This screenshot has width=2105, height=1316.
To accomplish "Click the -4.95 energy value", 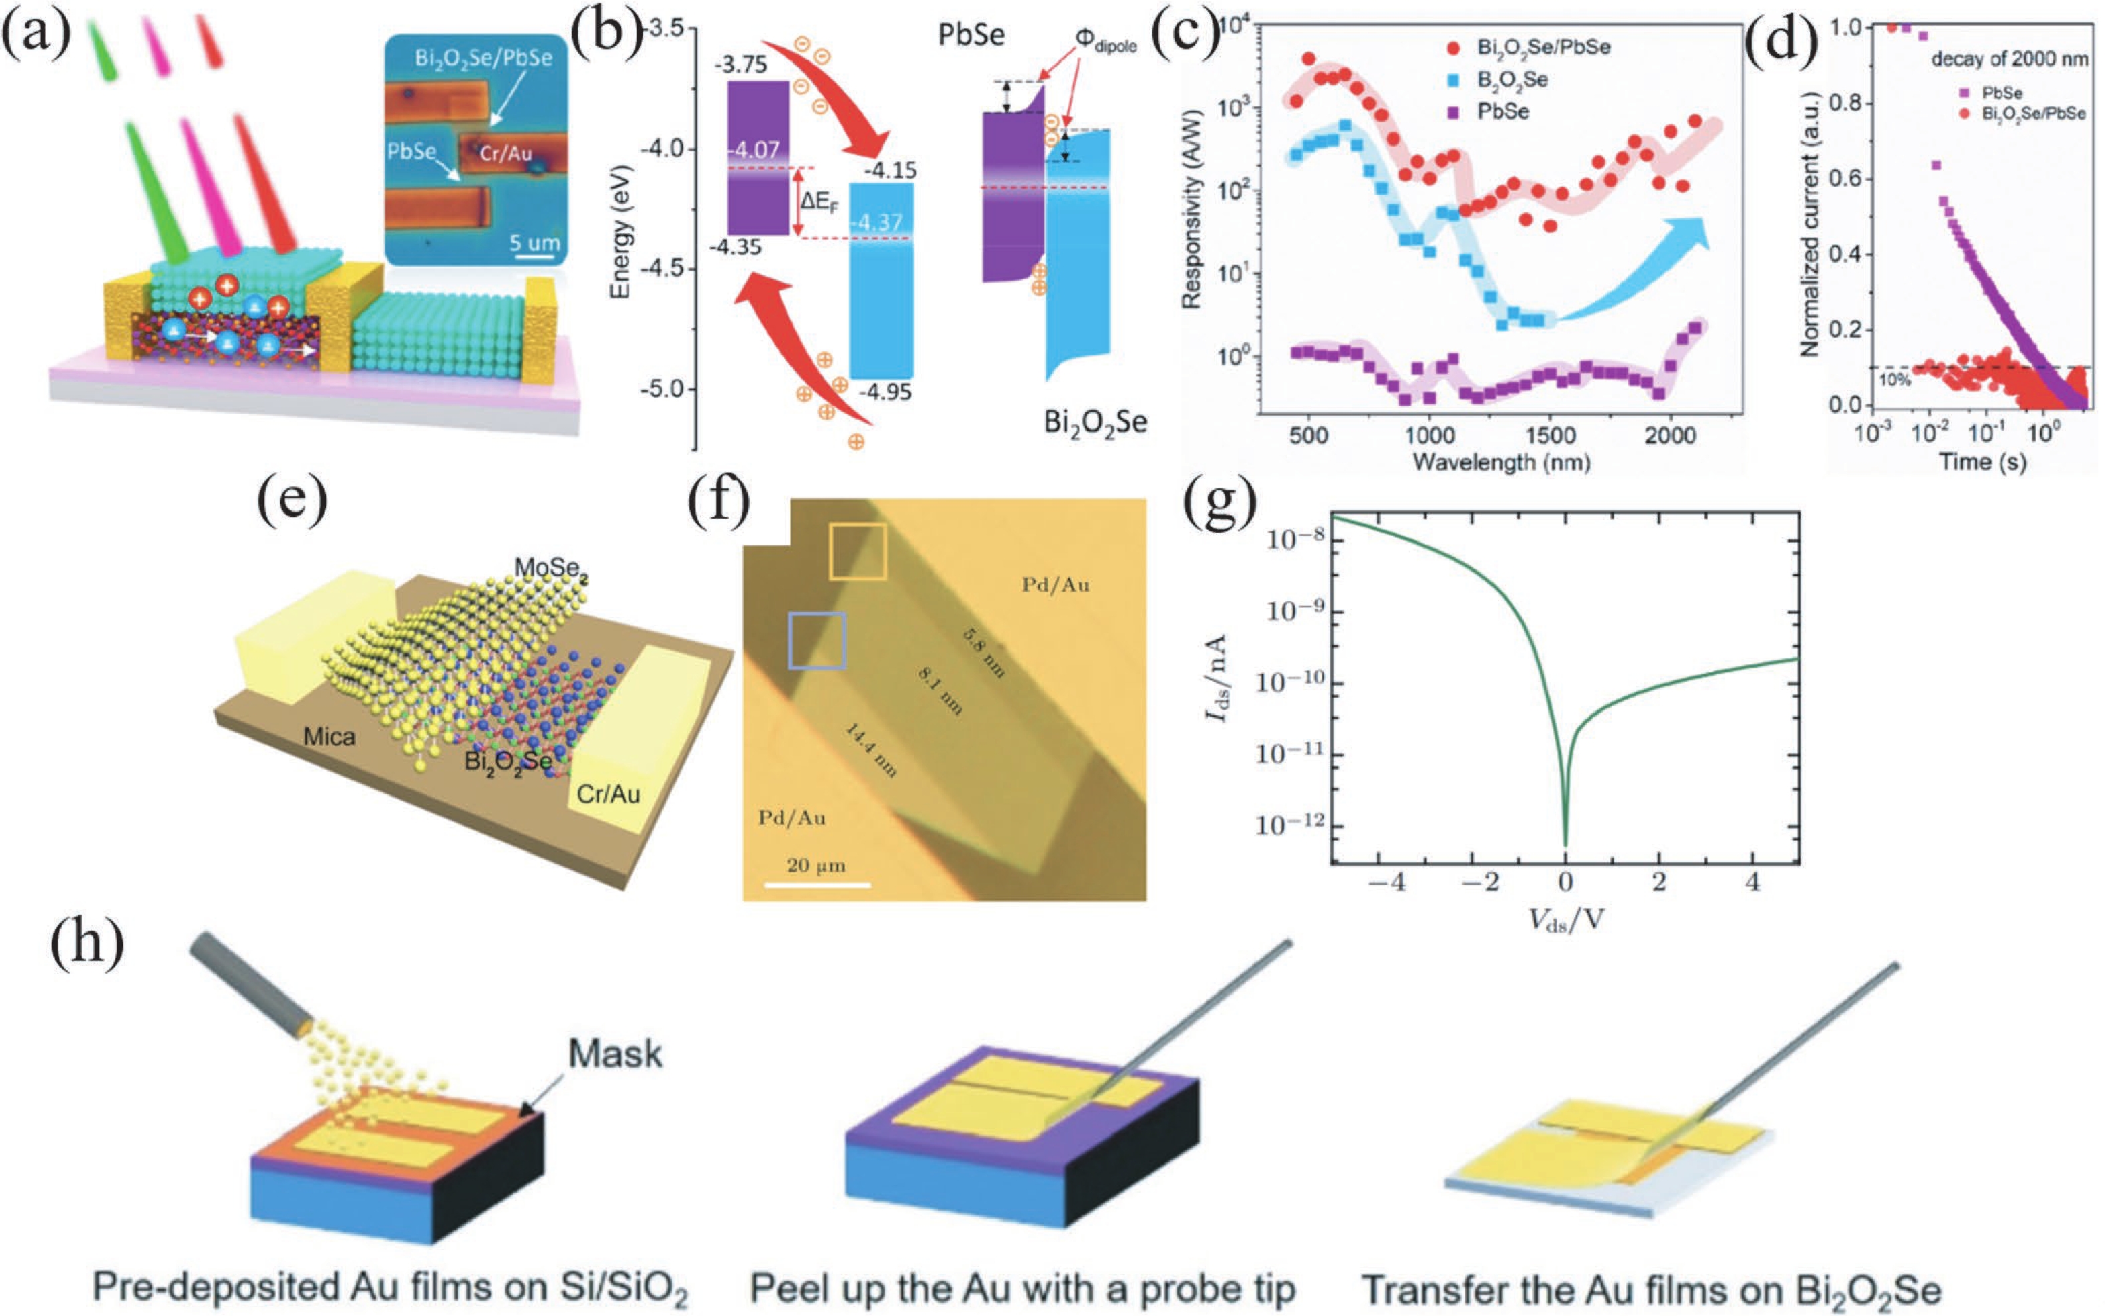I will tap(885, 393).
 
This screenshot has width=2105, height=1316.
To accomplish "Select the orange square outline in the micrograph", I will tap(857, 551).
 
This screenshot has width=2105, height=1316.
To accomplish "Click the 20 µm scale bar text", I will tap(816, 865).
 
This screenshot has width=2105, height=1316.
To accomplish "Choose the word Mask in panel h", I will tap(615, 1055).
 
